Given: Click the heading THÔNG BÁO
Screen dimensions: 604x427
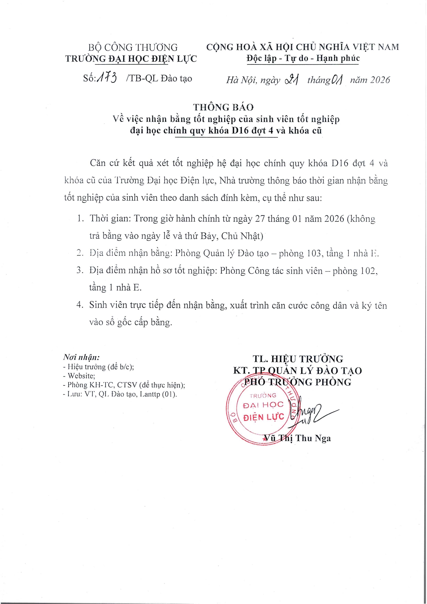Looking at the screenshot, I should tap(223, 107).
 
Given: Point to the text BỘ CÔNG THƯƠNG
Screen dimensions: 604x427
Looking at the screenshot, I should tap(133, 47).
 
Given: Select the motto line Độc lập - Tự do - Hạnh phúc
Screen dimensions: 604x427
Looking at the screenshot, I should tap(303, 59).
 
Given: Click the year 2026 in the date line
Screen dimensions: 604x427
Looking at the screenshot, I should tap(380, 80).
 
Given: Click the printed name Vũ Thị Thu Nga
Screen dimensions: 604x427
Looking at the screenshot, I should tap(297, 438).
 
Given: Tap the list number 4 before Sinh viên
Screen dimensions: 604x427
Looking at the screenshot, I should tap(80, 305).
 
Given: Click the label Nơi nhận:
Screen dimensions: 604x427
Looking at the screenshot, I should tap(81, 357).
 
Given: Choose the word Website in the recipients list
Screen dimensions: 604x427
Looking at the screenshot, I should tap(81, 376).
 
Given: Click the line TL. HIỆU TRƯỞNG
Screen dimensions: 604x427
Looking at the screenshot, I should tap(298, 359).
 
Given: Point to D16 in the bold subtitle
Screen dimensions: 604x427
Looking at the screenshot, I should tap(240, 131).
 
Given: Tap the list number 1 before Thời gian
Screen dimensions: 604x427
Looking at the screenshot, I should tap(80, 219).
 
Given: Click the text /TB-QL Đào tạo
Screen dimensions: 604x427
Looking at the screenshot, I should tap(159, 78).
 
